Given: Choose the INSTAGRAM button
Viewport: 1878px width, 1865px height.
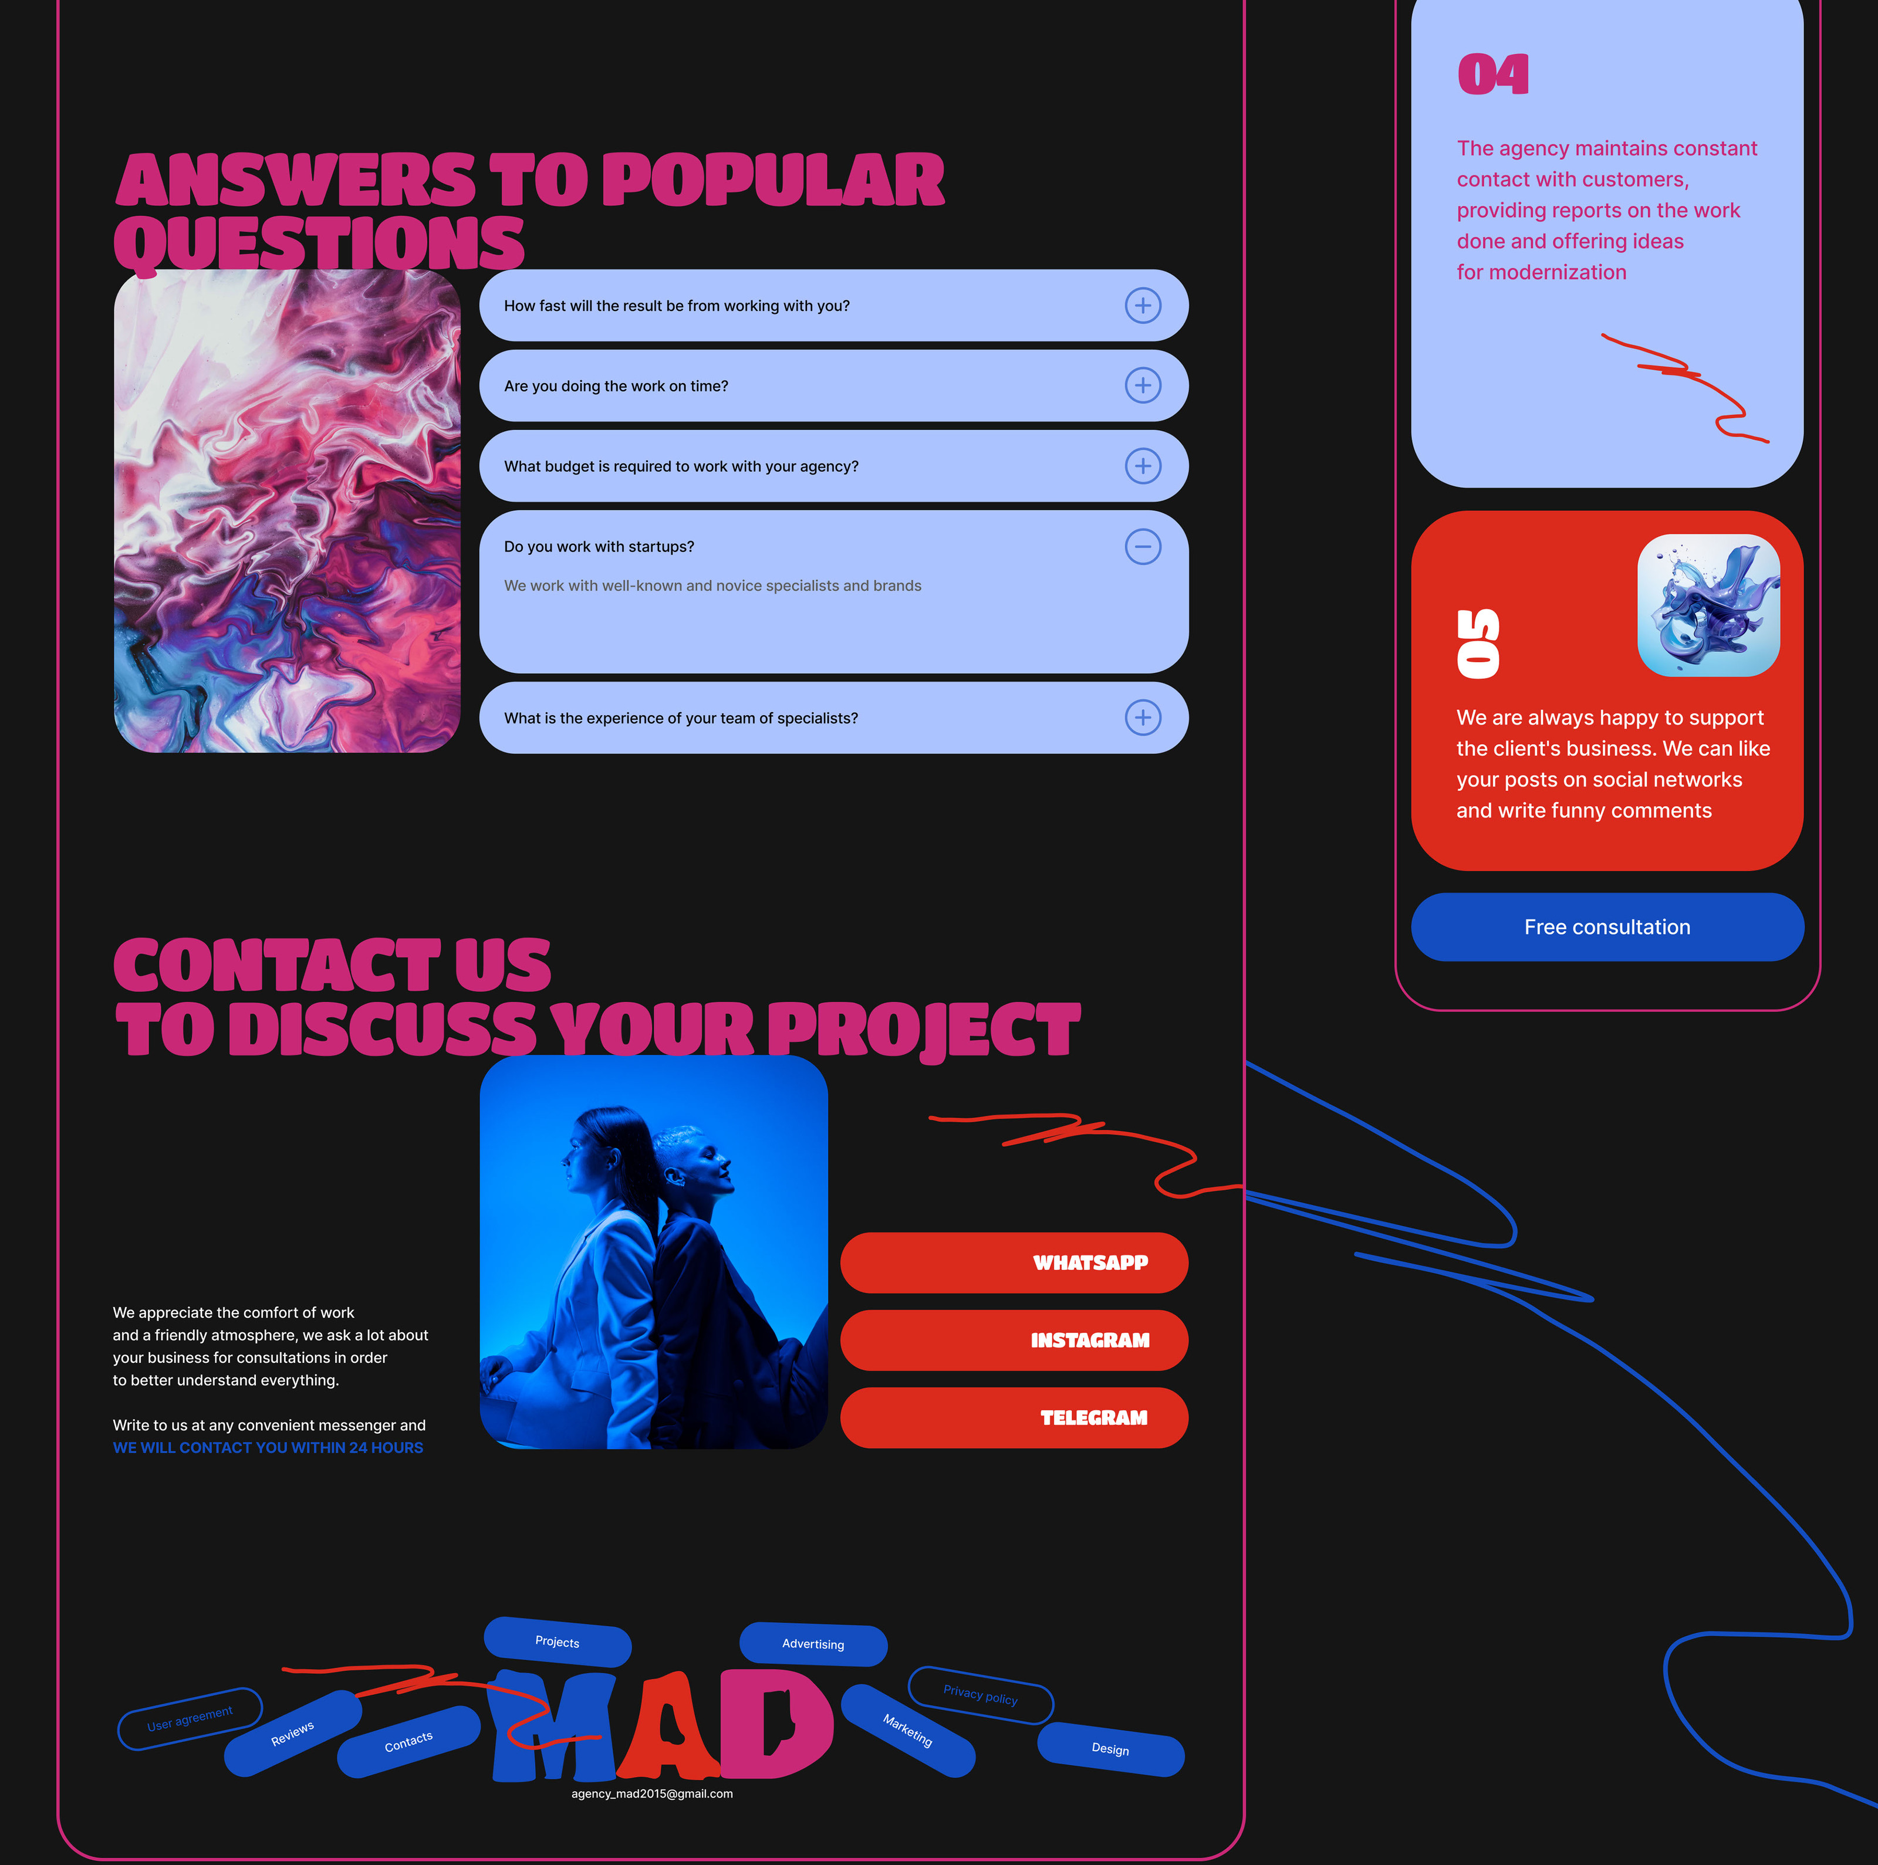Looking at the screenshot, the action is click(1014, 1340).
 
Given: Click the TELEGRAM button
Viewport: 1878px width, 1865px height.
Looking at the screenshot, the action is click(1014, 1418).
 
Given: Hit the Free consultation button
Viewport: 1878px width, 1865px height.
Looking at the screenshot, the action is click(1607, 927).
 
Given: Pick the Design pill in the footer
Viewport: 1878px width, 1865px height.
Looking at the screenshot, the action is click(1111, 1749).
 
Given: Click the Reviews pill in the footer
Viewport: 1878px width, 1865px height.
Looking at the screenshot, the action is click(293, 1734).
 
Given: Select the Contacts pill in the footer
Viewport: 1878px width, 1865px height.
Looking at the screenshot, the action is click(409, 1742).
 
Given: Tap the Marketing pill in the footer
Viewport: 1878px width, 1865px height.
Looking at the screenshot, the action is click(908, 1731).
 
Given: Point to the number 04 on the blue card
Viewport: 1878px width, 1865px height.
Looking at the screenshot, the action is click(1493, 75).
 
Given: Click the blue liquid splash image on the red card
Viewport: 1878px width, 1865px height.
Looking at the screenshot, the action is click(1709, 605).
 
